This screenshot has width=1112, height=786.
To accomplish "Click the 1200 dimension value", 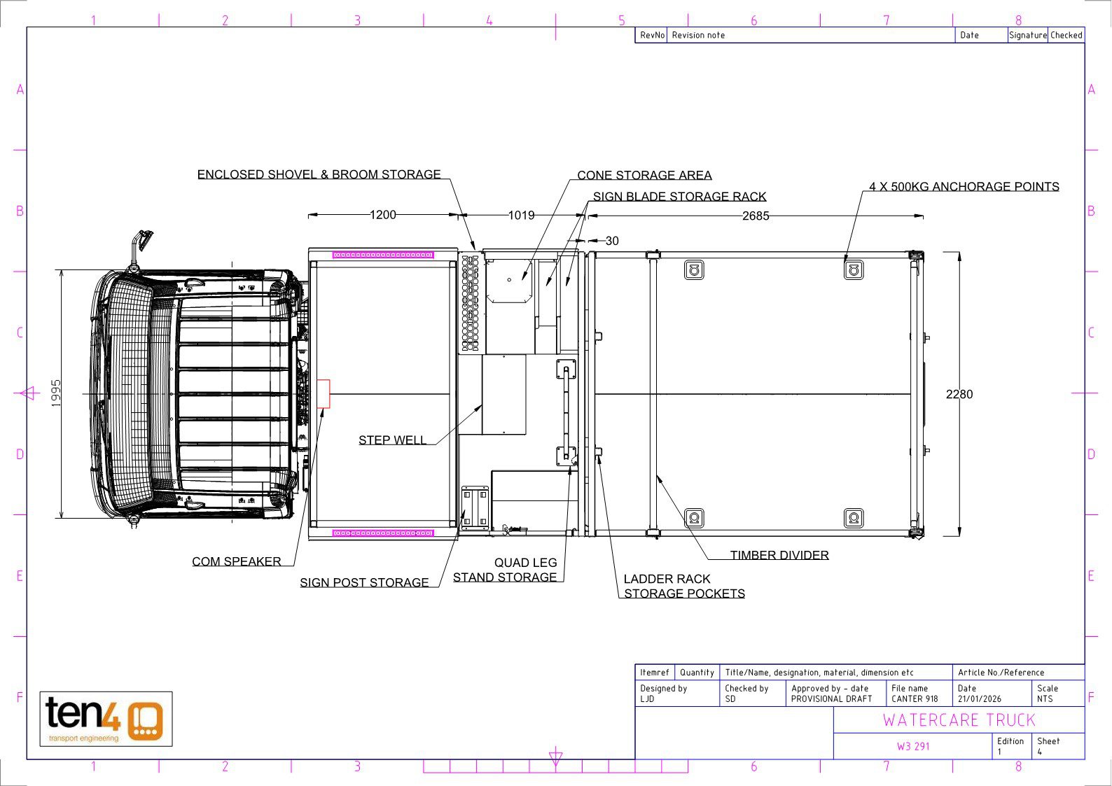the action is click(383, 215).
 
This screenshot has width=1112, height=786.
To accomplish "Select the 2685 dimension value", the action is click(756, 216).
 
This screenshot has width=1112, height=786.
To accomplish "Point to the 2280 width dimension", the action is click(959, 394).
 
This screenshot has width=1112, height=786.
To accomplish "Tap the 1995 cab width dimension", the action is click(56, 393).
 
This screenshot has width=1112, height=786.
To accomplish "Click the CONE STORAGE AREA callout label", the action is click(644, 175).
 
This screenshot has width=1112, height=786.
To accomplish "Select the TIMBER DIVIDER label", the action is click(779, 555).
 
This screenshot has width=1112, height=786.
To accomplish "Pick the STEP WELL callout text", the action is click(392, 440).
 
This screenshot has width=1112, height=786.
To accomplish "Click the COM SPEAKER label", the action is click(236, 561).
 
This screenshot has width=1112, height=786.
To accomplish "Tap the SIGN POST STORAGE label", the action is click(364, 582).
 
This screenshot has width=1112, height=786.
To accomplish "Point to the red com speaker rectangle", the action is click(324, 393).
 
